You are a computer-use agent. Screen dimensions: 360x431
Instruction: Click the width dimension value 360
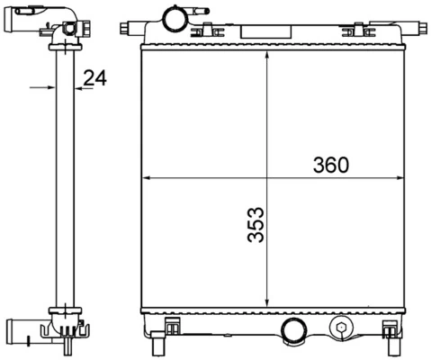[x=330, y=166]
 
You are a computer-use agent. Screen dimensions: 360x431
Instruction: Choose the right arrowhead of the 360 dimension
[x=399, y=178]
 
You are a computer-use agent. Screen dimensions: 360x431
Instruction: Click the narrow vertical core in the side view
[x=64, y=180]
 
